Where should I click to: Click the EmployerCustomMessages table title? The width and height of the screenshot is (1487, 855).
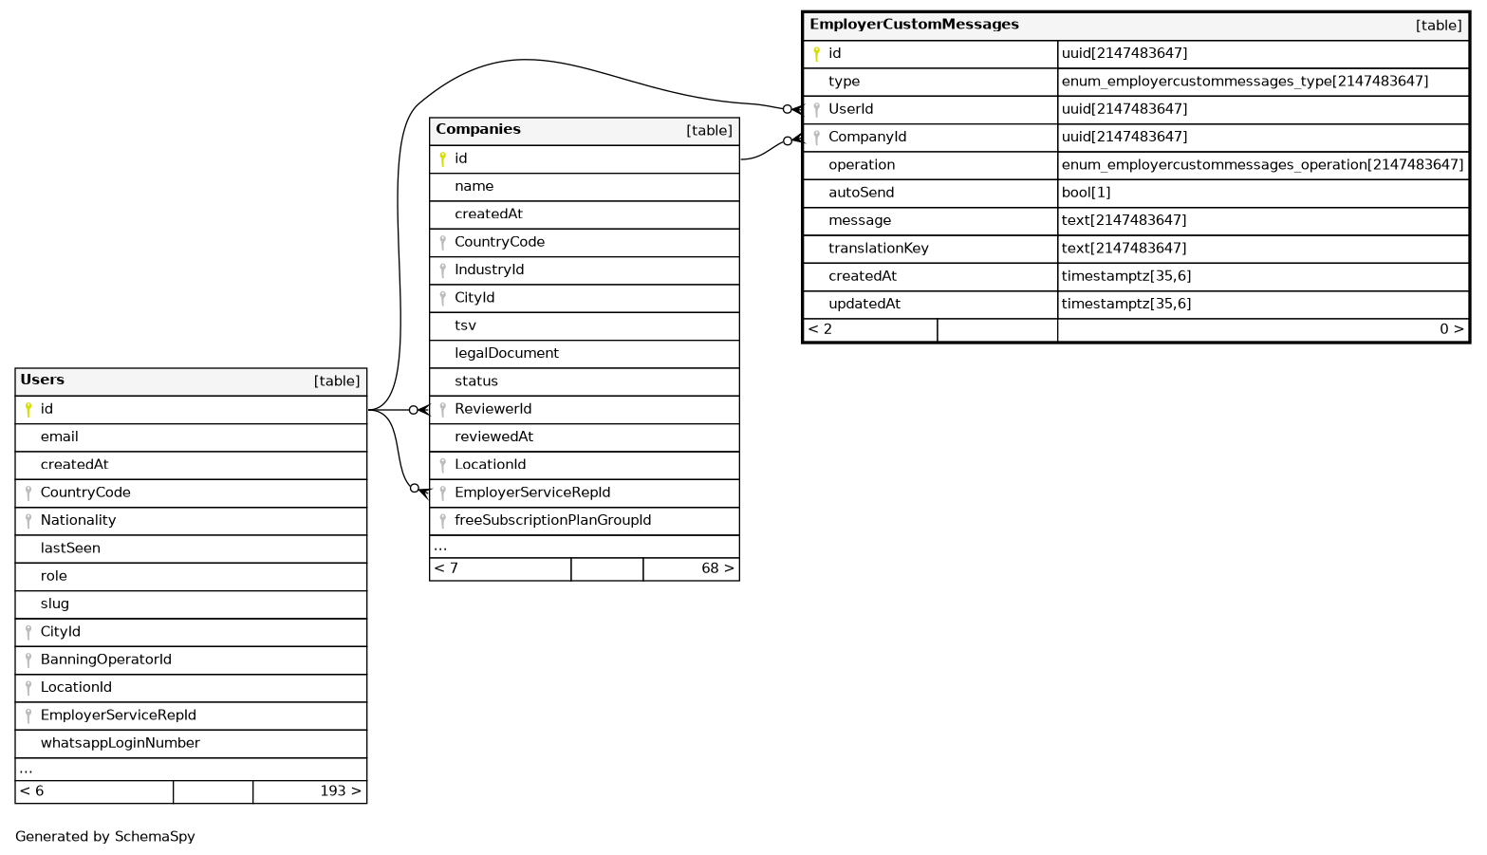coord(914,25)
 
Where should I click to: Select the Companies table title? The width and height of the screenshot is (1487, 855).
coord(478,129)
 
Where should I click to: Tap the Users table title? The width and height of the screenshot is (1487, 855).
coord(43,380)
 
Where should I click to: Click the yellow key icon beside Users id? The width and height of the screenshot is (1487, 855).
coord(28,409)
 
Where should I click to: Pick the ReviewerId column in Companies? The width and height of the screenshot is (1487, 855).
coord(493,409)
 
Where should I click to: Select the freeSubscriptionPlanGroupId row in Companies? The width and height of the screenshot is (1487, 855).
coord(552,520)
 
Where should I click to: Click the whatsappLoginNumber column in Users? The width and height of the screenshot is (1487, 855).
coord(120,743)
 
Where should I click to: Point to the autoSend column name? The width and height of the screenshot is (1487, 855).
coord(861,193)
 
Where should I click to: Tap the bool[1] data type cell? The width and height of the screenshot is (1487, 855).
coord(1086,193)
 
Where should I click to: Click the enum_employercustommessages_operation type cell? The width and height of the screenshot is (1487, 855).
coord(1262,165)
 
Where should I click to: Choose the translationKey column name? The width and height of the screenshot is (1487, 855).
coord(878,249)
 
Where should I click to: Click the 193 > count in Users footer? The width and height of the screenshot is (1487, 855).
coord(340,791)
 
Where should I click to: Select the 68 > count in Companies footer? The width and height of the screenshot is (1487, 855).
coord(716,568)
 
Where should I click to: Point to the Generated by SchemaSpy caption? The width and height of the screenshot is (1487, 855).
coord(105,837)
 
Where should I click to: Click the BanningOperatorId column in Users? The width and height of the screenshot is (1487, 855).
coord(105,660)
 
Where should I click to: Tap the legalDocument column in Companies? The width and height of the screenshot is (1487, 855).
coord(507,353)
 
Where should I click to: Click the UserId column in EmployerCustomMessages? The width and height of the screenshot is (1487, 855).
coord(850,109)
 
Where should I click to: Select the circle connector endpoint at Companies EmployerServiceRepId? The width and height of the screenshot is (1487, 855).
coord(415,488)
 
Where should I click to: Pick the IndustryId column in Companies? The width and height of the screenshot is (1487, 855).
coord(489,270)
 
